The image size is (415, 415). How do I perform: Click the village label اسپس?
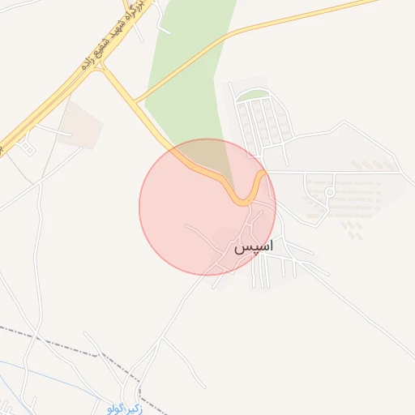click(x=254, y=246)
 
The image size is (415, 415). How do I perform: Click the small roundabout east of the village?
click(x=329, y=192)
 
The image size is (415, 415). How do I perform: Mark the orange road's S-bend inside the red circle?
click(x=243, y=195)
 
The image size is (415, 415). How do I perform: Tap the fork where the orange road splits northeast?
click(x=136, y=102)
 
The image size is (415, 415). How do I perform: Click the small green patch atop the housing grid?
click(x=252, y=94)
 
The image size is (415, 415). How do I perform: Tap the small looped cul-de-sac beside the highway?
click(x=29, y=148)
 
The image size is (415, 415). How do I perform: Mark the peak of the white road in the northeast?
click(x=344, y=122)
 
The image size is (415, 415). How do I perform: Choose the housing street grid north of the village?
click(x=263, y=122)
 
